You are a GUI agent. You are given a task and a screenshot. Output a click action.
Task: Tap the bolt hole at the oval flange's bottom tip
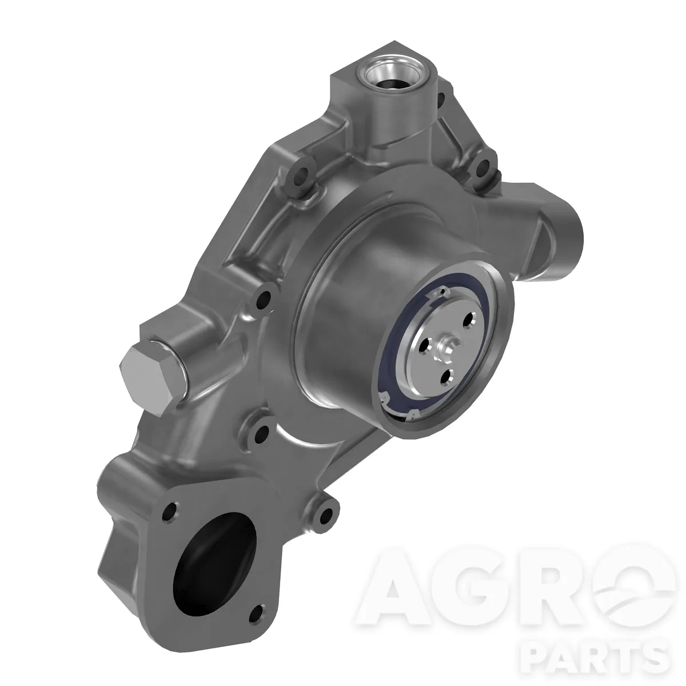[257, 613]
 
